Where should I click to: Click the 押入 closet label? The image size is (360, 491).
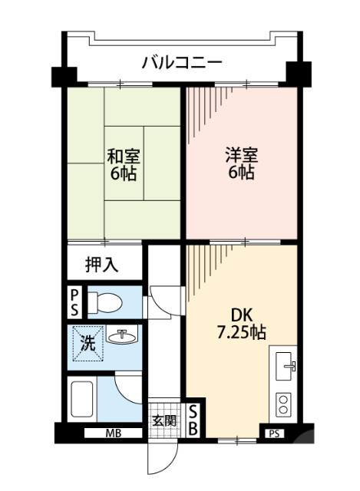coord(101,265)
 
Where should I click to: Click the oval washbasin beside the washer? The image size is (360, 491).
coord(121,337)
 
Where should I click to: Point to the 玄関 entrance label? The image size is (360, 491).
coord(163,420)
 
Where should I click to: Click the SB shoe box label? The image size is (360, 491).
coord(193,420)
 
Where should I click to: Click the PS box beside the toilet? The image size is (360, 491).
coord(74,302)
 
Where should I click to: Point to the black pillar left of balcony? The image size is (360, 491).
coord(63,76)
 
